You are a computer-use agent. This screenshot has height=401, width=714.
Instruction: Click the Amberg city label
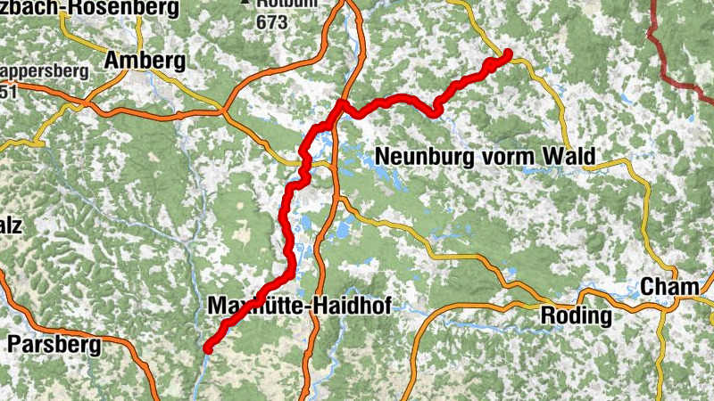point(145,61)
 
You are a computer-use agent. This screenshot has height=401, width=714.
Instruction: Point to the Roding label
point(577,316)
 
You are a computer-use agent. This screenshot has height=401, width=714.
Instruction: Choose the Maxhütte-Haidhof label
point(298,305)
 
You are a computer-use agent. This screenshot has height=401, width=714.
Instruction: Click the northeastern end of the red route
point(508,53)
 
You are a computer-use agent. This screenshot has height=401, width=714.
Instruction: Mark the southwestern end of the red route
point(207,348)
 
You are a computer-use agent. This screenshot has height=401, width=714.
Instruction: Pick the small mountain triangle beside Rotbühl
point(245,3)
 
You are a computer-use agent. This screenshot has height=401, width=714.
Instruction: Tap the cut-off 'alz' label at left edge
point(11,225)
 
